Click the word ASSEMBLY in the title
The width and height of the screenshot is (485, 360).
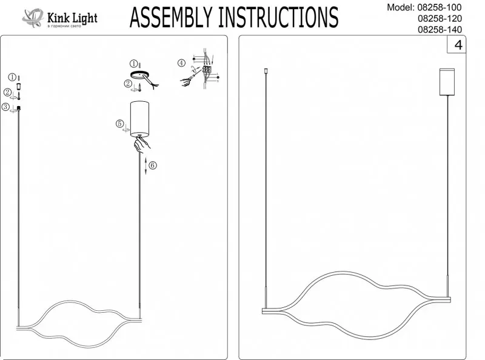pyautogui.click(x=172, y=18)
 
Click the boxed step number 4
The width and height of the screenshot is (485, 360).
pyautogui.click(x=458, y=45)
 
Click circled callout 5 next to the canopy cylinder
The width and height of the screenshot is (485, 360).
pyautogui.click(x=120, y=124)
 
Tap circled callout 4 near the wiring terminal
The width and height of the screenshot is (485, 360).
pyautogui.click(x=181, y=63)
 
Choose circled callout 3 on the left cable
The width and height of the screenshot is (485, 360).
pyautogui.click(x=6, y=107)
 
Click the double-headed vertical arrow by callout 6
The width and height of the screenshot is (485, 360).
pyautogui.click(x=145, y=165)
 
